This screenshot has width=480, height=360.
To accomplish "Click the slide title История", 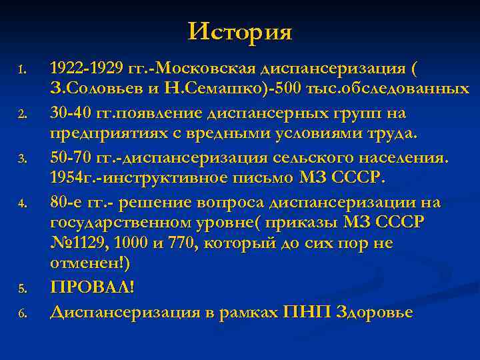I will click(240, 31).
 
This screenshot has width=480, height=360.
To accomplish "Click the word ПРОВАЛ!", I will click(92, 287).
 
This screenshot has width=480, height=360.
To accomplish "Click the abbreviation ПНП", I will click(305, 311).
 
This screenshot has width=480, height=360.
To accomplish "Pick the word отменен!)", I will click(90, 265).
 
